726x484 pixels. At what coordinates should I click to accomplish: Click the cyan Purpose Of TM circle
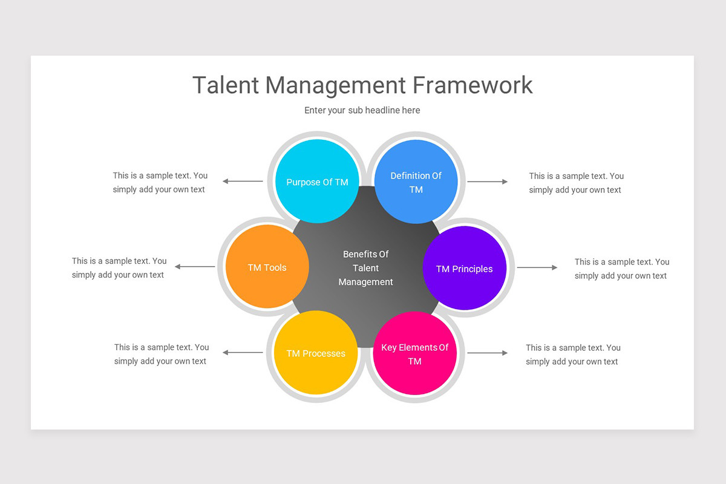point(317,181)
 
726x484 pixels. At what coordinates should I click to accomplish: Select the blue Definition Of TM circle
point(416,182)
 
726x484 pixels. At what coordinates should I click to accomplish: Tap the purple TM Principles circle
point(464,268)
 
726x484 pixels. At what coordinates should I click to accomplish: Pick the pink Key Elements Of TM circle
point(414,354)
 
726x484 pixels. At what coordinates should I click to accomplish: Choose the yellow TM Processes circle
point(316,353)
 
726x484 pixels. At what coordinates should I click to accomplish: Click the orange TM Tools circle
point(267,267)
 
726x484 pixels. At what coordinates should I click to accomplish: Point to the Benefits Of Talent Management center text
point(365,268)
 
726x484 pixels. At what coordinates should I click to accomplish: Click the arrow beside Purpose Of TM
point(243,181)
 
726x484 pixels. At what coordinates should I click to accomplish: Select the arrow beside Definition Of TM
point(488,181)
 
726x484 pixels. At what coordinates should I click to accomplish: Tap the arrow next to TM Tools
point(195,267)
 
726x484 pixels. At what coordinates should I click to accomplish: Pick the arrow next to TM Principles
point(537,267)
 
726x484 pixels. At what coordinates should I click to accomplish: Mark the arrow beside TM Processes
point(243,352)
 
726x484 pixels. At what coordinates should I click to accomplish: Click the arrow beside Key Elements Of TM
point(488,353)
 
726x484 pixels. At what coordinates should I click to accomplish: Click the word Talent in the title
point(224,85)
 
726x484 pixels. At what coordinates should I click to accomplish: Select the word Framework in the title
point(473,85)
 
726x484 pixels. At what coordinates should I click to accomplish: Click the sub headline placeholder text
point(362,110)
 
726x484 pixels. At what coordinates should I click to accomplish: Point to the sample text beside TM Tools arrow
point(119,267)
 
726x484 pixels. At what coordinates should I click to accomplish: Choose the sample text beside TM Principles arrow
point(622,269)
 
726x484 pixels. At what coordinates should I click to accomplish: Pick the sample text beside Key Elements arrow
point(573,355)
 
